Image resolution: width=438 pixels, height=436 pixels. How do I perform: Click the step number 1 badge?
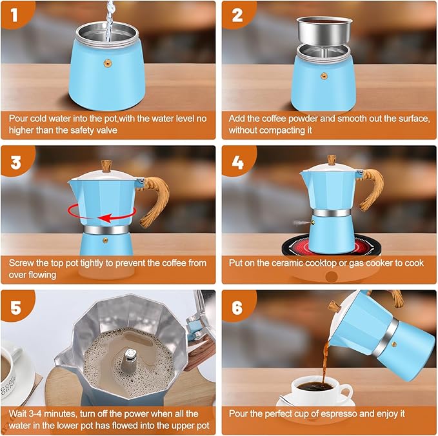tap(15, 14)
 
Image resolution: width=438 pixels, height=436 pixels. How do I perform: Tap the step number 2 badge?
tap(236, 14)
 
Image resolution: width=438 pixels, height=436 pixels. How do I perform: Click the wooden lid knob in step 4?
tap(331, 159)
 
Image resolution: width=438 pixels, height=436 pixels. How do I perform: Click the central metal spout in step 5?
tap(131, 358)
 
